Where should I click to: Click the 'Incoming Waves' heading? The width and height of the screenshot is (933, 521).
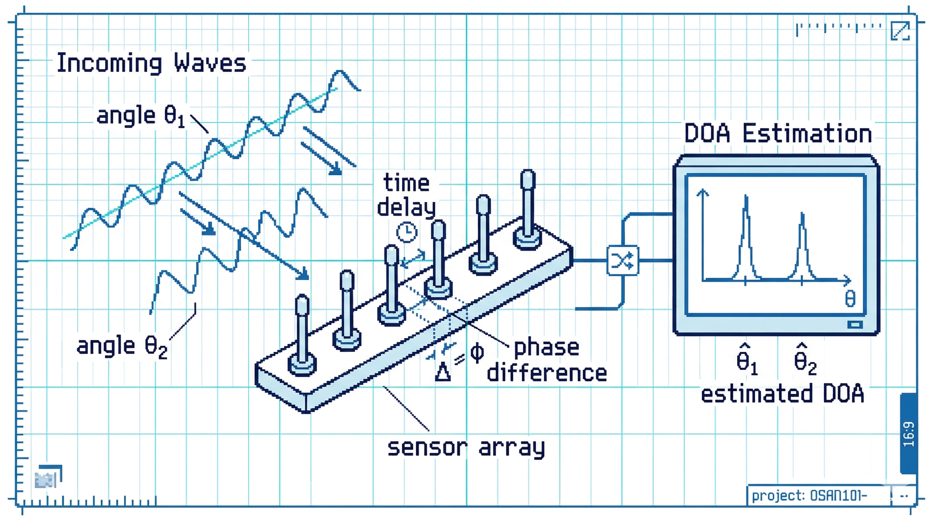click(152, 63)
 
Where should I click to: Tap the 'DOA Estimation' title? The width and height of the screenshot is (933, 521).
click(778, 133)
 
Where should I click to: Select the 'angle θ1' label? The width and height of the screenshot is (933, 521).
click(141, 116)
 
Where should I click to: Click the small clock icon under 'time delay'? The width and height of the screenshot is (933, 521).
click(407, 232)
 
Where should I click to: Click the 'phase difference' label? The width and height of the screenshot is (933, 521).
click(547, 360)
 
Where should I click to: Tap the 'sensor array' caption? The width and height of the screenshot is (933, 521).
click(466, 448)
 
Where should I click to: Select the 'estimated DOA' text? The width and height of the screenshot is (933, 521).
click(782, 394)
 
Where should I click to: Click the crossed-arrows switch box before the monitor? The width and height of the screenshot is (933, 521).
click(622, 260)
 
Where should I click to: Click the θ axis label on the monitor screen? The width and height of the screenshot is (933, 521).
click(850, 299)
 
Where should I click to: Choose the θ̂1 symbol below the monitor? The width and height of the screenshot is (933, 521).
click(747, 360)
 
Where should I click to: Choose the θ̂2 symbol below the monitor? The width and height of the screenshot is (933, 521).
click(805, 360)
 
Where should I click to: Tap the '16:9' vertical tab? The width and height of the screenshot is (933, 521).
click(908, 434)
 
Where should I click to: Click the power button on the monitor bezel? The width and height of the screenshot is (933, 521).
click(855, 324)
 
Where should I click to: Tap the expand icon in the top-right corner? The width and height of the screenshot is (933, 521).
click(900, 31)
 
